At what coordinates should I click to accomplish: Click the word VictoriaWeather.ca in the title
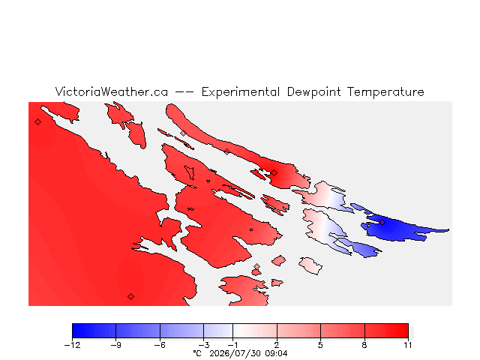[x=112, y=91]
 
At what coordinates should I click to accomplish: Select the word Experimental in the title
[x=241, y=92]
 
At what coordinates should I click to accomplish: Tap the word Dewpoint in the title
[x=313, y=92]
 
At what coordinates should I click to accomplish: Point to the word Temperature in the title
[x=385, y=92]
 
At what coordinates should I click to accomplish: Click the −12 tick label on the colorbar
[x=72, y=345]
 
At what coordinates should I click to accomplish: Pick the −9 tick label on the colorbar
[x=116, y=345]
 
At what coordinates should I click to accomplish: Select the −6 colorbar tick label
[x=160, y=345]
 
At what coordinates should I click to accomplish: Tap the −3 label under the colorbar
[x=203, y=345]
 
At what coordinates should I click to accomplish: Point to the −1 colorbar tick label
[x=232, y=345]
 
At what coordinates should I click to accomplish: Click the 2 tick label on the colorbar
[x=277, y=345]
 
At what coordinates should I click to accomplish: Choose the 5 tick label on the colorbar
[x=320, y=345]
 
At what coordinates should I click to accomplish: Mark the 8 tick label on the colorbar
[x=364, y=345]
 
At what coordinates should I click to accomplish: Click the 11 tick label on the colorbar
[x=408, y=345]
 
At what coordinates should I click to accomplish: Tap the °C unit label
[x=197, y=353]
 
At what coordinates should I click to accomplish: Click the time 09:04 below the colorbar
[x=276, y=353]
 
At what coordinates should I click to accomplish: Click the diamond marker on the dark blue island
[x=382, y=222]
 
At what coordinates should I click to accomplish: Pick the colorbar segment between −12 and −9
[x=94, y=331]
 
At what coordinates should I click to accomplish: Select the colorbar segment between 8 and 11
[x=387, y=331]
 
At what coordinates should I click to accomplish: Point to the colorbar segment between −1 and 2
[x=255, y=331]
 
